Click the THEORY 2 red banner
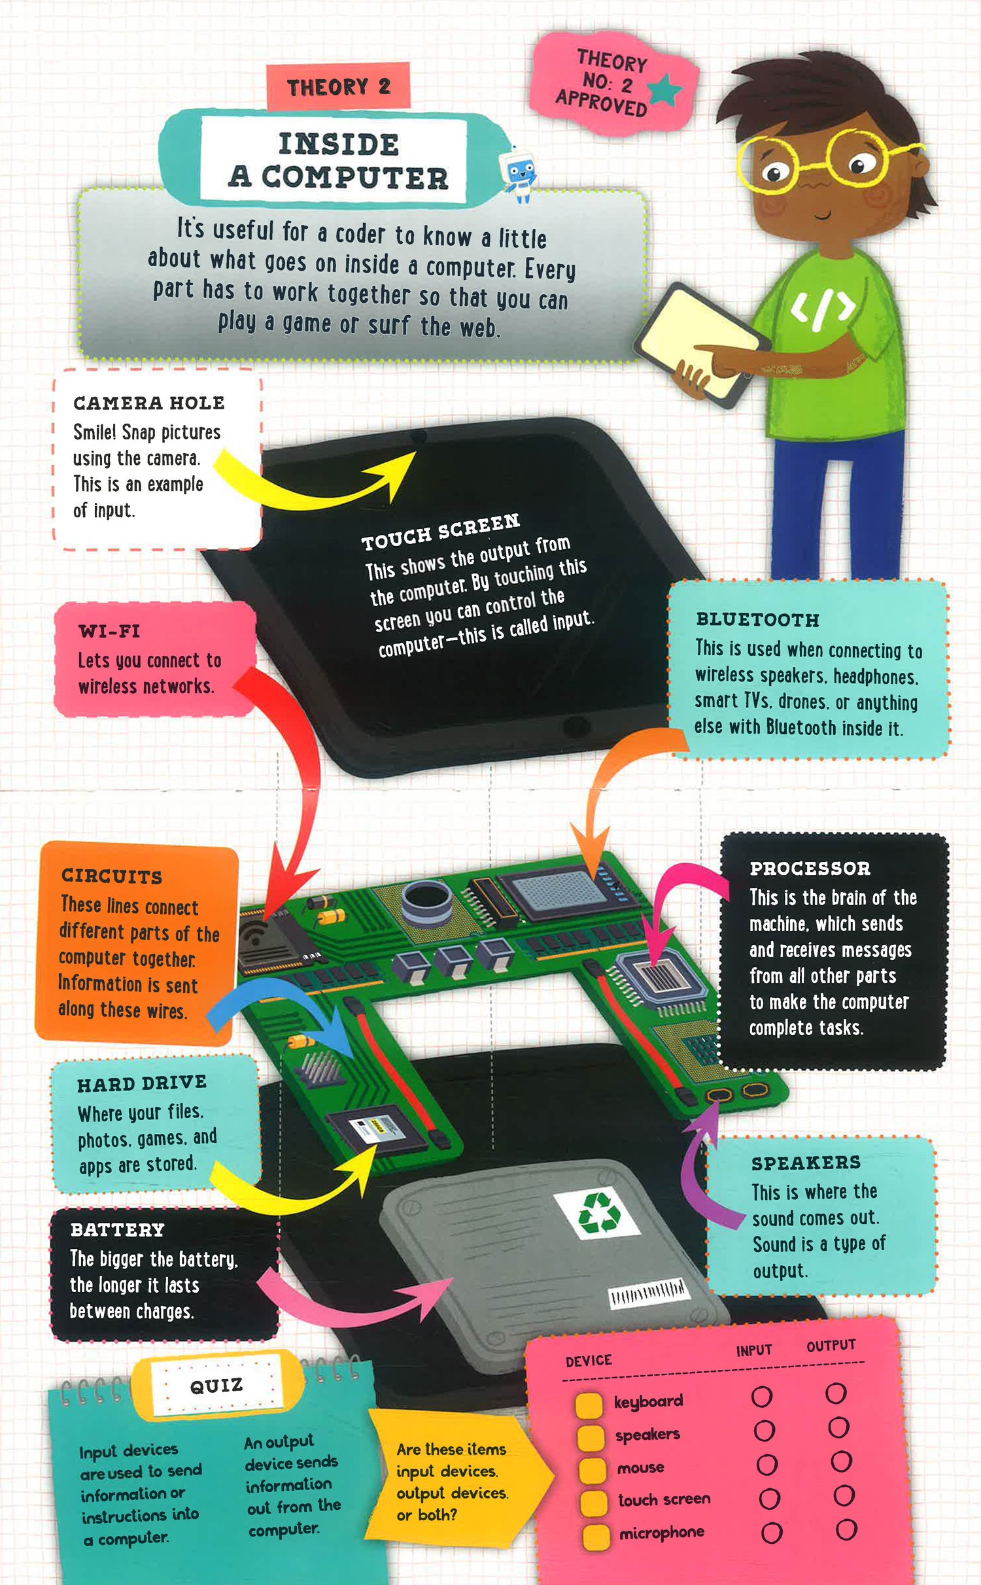338,86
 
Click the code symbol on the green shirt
823,308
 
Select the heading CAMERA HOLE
148,403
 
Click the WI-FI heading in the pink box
109,631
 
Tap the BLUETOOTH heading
757,619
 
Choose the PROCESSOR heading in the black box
810,868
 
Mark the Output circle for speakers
838,1427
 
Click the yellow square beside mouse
593,1469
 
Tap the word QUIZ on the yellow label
216,1385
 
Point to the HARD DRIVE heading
142,1083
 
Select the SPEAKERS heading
806,1163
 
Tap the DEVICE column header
589,1361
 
